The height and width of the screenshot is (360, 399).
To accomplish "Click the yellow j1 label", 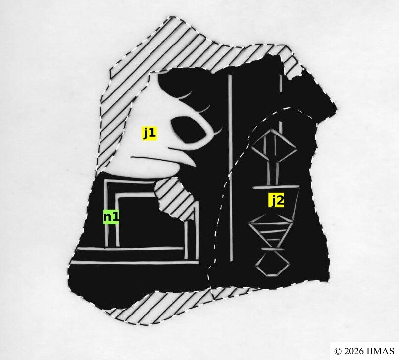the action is pos(149,133).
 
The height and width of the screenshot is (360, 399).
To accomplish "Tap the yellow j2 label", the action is pos(276,200).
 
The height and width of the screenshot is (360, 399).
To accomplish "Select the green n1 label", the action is pos(111,217).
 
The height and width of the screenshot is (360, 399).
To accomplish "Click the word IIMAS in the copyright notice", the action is pos(380,351).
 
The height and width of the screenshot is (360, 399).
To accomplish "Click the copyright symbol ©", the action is pos(338,351).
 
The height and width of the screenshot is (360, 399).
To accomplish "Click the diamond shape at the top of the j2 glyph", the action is pos(274,146).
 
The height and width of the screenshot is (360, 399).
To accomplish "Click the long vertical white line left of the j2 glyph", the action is pos(231,168).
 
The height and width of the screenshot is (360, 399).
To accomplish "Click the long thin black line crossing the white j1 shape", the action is pos(163,161).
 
